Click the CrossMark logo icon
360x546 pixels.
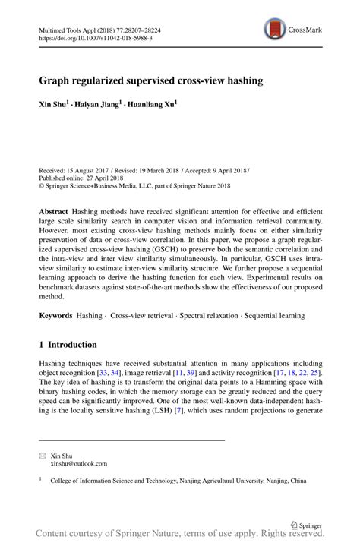click(x=275, y=30)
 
